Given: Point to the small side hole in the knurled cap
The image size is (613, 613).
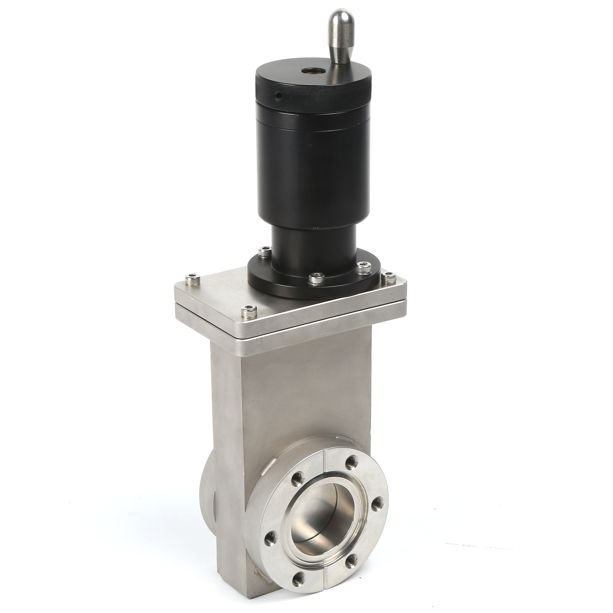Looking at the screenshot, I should (x=278, y=95).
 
